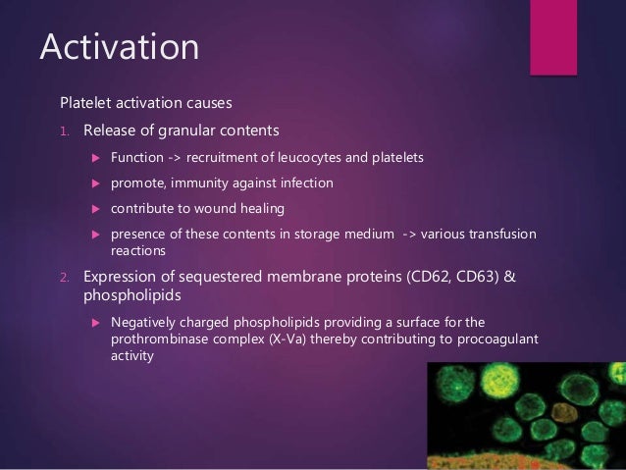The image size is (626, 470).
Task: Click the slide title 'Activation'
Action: point(118,47)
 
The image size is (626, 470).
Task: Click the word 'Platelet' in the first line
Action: point(87,103)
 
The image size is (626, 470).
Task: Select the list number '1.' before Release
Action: point(66,131)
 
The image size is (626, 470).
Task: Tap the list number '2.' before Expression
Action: point(66,277)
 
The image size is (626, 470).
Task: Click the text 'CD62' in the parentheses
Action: point(425,277)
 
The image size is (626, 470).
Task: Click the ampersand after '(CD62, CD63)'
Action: point(508,277)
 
